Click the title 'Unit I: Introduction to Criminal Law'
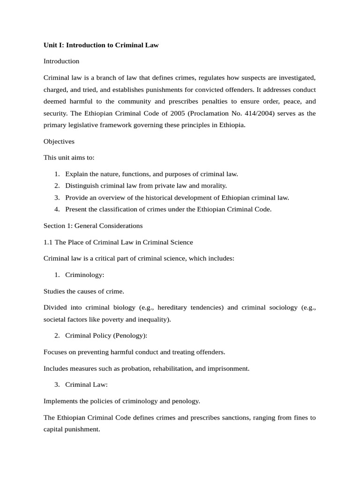point(101,45)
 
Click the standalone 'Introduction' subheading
point(61,61)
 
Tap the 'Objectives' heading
point(59,141)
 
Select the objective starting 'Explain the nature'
point(151,174)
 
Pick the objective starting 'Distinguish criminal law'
point(146,186)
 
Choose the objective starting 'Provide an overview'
point(177,197)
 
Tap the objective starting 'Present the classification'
point(168,209)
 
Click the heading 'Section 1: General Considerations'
point(93,225)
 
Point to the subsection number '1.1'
point(48,242)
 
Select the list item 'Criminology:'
point(84,275)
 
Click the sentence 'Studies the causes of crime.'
point(84,291)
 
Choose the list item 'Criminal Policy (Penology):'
point(106,336)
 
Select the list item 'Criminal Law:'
point(86,384)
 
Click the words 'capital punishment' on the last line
point(71,428)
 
